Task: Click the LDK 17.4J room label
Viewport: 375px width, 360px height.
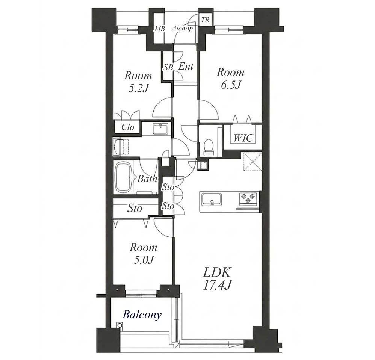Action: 218,278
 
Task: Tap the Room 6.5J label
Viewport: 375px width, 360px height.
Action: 231,78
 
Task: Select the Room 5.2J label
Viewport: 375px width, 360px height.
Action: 138,82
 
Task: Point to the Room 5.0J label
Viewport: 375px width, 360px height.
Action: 143,253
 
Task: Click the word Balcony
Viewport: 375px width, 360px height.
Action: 142,315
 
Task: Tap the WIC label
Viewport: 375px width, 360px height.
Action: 243,138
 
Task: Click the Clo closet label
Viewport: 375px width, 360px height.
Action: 128,127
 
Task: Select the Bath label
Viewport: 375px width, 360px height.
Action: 147,178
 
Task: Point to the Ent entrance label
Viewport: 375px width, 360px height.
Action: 186,66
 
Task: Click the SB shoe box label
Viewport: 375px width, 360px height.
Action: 168,68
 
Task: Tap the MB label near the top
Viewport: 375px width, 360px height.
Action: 160,29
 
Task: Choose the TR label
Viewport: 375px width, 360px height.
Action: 205,20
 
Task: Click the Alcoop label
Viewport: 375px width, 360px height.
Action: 183,29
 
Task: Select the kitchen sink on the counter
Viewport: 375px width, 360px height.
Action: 212,199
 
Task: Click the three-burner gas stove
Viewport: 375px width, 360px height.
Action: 248,198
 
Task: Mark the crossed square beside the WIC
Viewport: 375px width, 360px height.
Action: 253,162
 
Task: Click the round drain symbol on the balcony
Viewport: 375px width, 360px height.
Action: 119,325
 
